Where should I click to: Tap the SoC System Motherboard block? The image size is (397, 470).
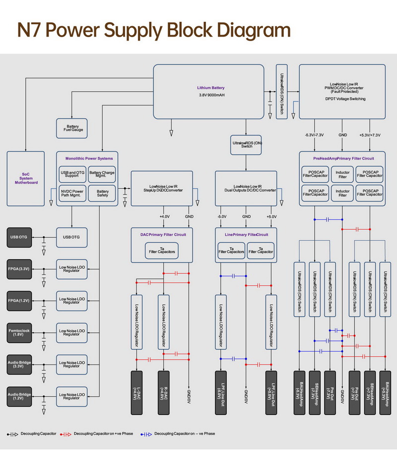tap(26, 178)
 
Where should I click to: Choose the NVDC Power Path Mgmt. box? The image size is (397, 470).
tap(72, 193)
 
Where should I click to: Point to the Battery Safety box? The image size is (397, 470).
tap(102, 193)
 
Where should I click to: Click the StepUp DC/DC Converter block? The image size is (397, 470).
tap(161, 188)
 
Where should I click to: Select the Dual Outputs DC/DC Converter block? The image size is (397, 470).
tap(246, 188)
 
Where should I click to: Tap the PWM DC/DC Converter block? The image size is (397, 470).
tap(342, 91)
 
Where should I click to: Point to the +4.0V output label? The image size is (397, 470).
tap(164, 216)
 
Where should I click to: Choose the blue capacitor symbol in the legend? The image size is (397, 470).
tap(147, 434)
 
